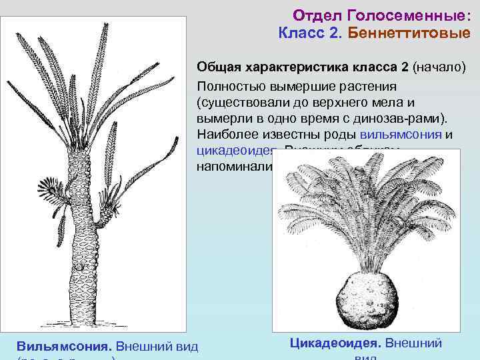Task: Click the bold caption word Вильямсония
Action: (64, 346)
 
